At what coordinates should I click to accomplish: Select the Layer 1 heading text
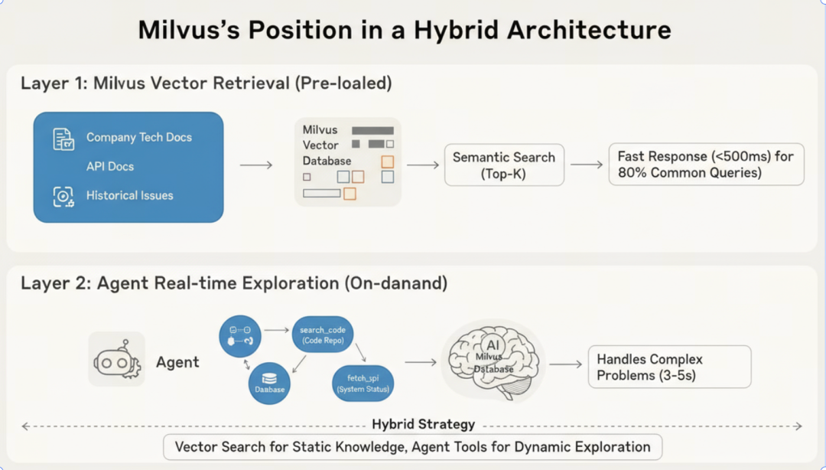pyautogui.click(x=206, y=83)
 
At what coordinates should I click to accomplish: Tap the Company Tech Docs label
pyautogui.click(x=139, y=138)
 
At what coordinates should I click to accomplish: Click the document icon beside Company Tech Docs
pyautogui.click(x=63, y=139)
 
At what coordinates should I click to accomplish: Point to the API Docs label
pyautogui.click(x=110, y=166)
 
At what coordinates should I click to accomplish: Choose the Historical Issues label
pyautogui.click(x=130, y=195)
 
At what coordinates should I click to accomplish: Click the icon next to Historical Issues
pyautogui.click(x=63, y=197)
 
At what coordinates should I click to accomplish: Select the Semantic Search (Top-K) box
pyautogui.click(x=504, y=165)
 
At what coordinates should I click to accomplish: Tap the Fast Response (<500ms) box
pyautogui.click(x=706, y=165)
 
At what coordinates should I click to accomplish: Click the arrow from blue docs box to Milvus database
pyautogui.click(x=256, y=165)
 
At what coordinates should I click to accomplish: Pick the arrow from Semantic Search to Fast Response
pyautogui.click(x=587, y=165)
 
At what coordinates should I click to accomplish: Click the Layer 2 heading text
pyautogui.click(x=234, y=284)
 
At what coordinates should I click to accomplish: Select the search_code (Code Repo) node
pyautogui.click(x=322, y=335)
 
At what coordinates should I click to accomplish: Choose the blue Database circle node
pyautogui.click(x=269, y=383)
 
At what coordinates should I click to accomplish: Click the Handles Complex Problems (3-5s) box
pyautogui.click(x=669, y=367)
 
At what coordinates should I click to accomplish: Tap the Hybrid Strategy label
pyautogui.click(x=423, y=424)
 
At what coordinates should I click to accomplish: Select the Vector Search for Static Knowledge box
pyautogui.click(x=412, y=447)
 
